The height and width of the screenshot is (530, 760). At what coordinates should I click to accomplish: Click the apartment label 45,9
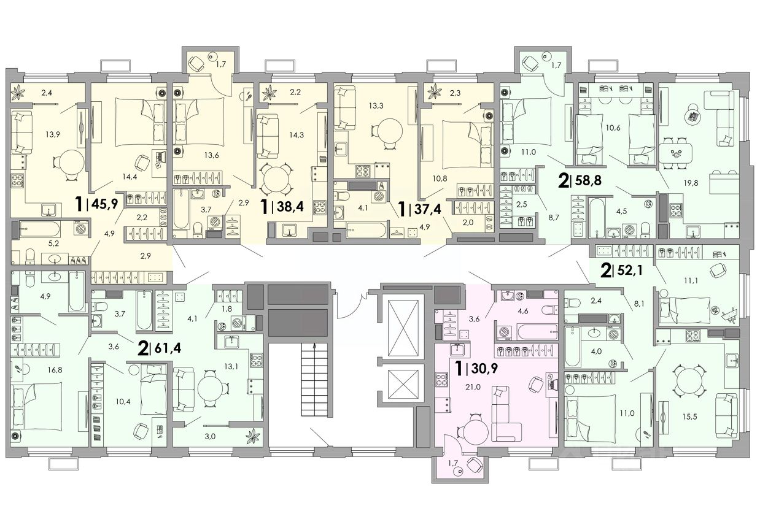pyautogui.click(x=98, y=204)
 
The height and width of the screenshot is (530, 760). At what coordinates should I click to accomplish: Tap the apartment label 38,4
pyautogui.click(x=282, y=206)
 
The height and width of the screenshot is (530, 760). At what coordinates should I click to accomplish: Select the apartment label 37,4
pyautogui.click(x=421, y=209)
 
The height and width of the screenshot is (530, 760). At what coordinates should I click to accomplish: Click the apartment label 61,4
pyautogui.click(x=160, y=348)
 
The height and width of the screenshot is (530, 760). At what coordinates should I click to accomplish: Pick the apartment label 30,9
pyautogui.click(x=476, y=368)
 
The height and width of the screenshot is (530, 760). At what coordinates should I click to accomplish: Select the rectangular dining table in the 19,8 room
pyautogui.click(x=676, y=154)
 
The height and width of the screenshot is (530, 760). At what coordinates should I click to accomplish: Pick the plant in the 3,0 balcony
pyautogui.click(x=253, y=436)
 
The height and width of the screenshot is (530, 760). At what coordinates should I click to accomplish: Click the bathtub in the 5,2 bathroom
pyautogui.click(x=40, y=229)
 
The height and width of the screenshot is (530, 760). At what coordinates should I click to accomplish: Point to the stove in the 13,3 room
pyautogui.click(x=363, y=171)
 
